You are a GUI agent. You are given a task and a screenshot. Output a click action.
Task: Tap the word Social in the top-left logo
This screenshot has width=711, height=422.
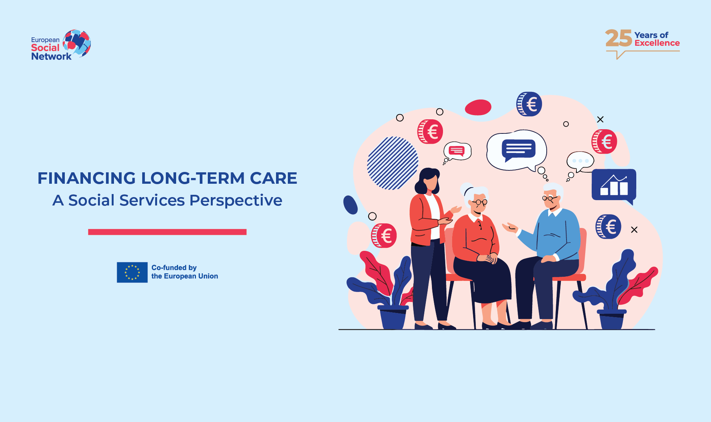pos(45,48)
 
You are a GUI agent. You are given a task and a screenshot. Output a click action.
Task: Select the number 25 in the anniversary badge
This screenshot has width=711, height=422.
pos(618,39)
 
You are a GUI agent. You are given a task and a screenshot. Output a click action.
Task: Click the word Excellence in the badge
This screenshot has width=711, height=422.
pos(657,43)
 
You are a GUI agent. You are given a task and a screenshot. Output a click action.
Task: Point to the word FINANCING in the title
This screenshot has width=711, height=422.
pos(87,178)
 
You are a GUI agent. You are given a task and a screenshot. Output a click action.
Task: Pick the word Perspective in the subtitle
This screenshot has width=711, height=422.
pos(236,201)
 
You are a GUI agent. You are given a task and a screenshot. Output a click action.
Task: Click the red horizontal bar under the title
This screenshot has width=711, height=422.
pos(167,232)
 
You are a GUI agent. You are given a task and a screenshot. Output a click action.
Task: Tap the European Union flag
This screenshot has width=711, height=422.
pos(132,272)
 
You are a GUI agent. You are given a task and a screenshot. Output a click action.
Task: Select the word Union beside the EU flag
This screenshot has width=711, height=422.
pos(208,276)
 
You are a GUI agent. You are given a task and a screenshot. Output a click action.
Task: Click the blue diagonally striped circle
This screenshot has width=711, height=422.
pos(393,163)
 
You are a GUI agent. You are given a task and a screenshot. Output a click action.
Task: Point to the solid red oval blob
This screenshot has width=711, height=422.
pos(478,107)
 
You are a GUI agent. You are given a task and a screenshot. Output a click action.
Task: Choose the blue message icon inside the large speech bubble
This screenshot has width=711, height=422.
pos(518,149)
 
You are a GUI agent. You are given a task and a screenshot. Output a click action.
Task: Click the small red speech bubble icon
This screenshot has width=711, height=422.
pos(456,151)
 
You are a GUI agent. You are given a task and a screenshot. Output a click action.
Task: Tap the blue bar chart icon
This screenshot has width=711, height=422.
pos(614,186)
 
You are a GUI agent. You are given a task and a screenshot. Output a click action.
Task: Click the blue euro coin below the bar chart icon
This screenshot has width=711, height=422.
pos(608,226)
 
